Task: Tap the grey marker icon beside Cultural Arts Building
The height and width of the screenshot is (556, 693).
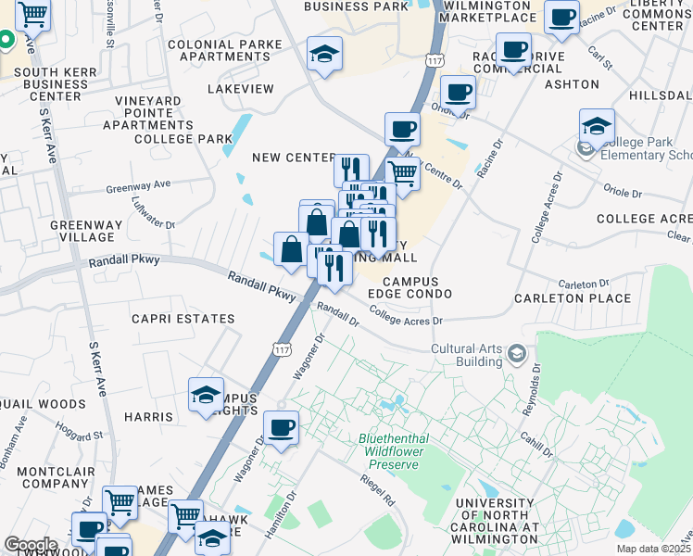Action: point(516,353)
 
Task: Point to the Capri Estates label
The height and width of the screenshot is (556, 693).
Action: point(183,319)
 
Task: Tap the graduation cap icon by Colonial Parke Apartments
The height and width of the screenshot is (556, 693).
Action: point(324,54)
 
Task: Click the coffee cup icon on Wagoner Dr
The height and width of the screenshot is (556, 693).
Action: point(281,428)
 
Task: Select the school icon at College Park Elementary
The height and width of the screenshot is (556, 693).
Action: point(597,126)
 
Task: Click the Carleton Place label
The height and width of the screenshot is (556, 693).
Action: point(573,298)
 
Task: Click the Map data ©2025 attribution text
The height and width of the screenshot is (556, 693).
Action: point(653,549)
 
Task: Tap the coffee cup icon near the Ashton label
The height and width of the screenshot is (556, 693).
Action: point(458,93)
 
